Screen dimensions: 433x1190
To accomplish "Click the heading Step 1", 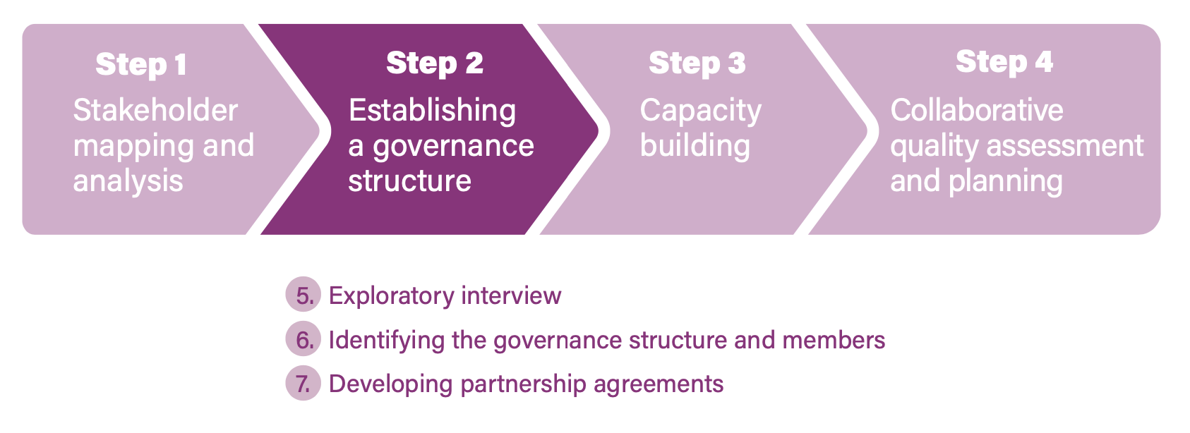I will click(141, 64).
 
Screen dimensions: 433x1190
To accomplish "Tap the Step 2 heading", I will click(435, 63).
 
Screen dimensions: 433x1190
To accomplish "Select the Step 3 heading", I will click(697, 63).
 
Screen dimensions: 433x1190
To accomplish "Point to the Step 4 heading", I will click(1004, 62).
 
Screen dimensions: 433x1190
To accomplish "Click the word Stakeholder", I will click(155, 111).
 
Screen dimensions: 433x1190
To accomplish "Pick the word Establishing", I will click(432, 111).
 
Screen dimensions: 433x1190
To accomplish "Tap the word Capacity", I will click(701, 111).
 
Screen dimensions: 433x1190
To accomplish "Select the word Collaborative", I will click(977, 111).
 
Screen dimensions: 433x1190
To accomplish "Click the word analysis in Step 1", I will click(128, 181).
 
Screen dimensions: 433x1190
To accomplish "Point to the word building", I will click(695, 146).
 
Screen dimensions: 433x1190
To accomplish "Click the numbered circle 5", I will click(303, 295).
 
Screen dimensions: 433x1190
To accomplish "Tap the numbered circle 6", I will click(303, 339).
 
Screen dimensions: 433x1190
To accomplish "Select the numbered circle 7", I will click(303, 384).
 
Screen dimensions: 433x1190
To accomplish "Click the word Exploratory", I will click(392, 295).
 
